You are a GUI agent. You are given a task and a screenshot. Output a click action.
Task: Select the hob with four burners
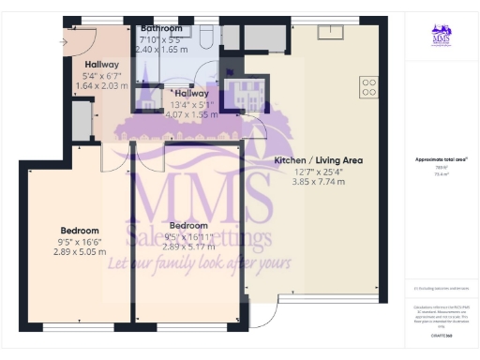[x=368, y=87]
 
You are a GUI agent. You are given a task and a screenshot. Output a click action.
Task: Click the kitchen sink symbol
[x=330, y=32]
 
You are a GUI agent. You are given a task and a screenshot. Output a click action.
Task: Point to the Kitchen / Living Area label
[x=318, y=160]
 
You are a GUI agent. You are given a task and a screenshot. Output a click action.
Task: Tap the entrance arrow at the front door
[x=64, y=42]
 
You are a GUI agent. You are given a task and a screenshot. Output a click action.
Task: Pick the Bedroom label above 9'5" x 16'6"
[x=80, y=230]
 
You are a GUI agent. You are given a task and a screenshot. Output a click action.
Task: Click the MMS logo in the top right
[x=442, y=37]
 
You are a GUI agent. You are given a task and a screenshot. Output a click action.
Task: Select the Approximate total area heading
[x=442, y=160]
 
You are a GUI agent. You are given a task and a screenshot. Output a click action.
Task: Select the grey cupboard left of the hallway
[x=82, y=119]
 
